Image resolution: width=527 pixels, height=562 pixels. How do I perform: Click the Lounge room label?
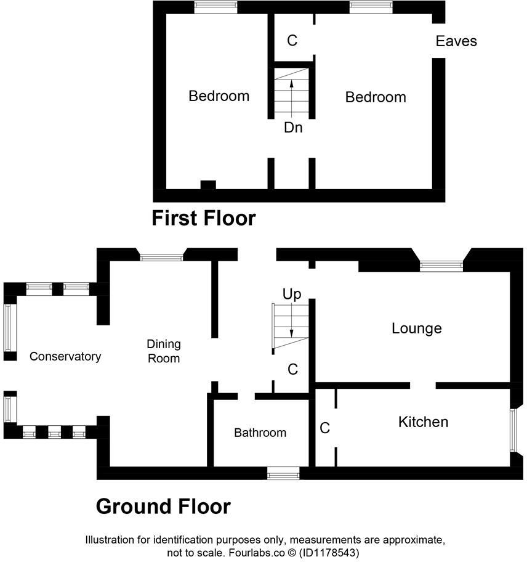click(417, 328)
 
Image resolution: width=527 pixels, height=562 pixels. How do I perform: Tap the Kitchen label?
click(423, 422)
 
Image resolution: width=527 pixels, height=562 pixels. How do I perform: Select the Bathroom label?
click(260, 433)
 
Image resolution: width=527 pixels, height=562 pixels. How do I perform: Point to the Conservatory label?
click(65, 356)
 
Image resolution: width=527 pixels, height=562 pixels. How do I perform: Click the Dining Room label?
click(163, 351)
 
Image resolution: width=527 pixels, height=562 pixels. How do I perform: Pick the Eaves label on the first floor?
click(456, 41)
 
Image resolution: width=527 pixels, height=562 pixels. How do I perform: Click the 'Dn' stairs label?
click(292, 128)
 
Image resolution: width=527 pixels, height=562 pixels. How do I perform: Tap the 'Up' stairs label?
click(292, 295)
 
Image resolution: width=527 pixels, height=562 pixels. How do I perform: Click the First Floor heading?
click(204, 218)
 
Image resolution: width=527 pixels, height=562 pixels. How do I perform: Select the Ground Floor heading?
click(163, 507)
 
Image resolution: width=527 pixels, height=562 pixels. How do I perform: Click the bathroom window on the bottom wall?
click(283, 473)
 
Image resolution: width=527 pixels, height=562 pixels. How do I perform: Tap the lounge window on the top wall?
click(441, 265)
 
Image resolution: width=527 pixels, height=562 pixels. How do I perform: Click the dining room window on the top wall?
click(162, 256)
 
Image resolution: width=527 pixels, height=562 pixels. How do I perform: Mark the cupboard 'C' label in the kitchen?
click(325, 427)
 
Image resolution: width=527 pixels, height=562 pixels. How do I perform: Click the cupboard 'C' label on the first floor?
click(292, 41)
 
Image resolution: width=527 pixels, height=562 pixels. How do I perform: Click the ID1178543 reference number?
click(329, 553)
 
